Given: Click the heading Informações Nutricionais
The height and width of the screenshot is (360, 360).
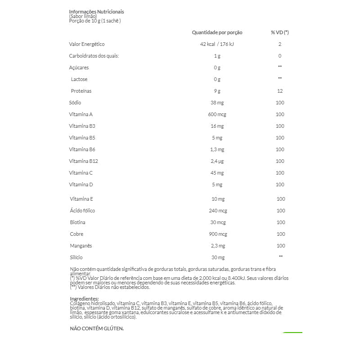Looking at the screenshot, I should (96, 12).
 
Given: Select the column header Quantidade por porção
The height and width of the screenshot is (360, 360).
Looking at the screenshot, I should (217, 32).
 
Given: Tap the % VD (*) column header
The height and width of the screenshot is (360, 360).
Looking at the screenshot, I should (279, 32).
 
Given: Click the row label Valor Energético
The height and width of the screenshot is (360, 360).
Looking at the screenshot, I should (87, 44).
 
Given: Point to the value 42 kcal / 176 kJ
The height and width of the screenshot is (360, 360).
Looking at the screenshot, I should (217, 44).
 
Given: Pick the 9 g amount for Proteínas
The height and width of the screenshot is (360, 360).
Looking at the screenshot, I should (217, 91).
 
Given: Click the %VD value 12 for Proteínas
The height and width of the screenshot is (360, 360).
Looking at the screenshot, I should (280, 91).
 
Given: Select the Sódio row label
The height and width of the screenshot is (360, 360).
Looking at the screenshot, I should (75, 103).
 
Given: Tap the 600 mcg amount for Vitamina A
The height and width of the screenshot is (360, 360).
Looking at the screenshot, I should (217, 114).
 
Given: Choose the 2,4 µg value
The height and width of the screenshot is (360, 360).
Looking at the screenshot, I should (217, 161).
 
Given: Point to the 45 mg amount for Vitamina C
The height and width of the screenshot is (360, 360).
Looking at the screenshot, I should (217, 173).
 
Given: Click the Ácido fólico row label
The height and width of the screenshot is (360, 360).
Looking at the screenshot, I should (82, 211).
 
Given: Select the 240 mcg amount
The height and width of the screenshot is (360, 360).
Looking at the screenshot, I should (218, 211).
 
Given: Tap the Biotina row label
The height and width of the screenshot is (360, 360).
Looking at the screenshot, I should (77, 222).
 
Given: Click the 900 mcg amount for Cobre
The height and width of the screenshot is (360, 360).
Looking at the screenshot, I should (218, 234).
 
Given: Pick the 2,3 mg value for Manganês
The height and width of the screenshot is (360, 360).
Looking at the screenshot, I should (218, 246).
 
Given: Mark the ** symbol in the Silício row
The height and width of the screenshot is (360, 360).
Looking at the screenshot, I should (281, 256).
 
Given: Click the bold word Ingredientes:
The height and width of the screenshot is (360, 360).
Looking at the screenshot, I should (84, 299).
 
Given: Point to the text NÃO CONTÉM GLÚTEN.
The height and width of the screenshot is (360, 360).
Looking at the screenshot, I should (97, 328).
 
